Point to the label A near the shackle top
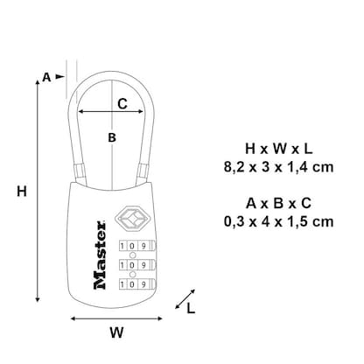(x=46, y=77)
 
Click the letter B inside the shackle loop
(x=111, y=137)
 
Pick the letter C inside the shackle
(x=122, y=103)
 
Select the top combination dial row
(x=129, y=246)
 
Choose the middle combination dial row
(x=129, y=265)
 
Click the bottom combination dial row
(x=129, y=283)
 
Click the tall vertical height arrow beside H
(x=38, y=192)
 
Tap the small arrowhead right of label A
(x=62, y=77)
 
